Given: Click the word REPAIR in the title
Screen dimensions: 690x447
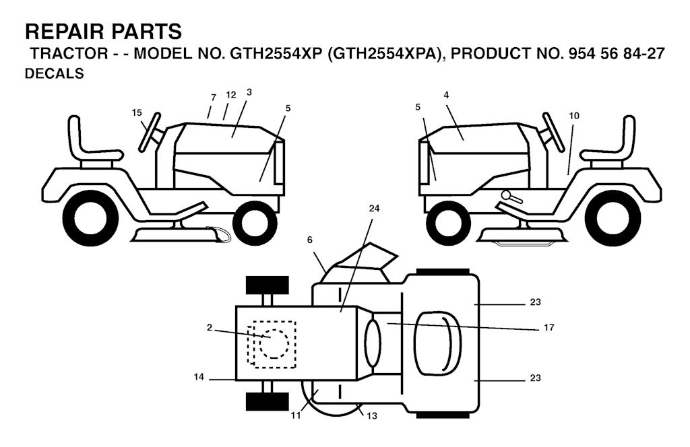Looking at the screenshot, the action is point(65,32).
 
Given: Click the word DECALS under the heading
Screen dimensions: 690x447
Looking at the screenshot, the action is point(54,73).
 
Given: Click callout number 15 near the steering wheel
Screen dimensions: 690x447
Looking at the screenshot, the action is point(137,113).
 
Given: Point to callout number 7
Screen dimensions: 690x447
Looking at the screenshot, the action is point(214,98).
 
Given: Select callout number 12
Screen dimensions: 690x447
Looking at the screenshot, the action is point(231,95).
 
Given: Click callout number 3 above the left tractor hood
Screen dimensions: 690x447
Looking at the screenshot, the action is point(249,92).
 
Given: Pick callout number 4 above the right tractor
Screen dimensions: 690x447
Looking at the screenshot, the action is point(446,95).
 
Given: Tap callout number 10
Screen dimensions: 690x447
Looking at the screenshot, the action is point(574,116).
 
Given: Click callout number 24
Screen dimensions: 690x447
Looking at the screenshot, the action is point(374,208).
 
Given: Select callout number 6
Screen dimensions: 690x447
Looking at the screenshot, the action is point(310,240).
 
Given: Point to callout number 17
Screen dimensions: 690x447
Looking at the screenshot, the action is point(548,327).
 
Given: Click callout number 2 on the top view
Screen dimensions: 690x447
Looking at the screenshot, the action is point(210,327).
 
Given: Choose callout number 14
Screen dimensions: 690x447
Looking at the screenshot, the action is point(199,377).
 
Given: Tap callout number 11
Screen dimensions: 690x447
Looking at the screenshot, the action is point(296,415).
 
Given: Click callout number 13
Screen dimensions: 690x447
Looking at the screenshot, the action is point(372,415).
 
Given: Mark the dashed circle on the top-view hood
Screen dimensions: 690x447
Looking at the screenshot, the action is point(274,343).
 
